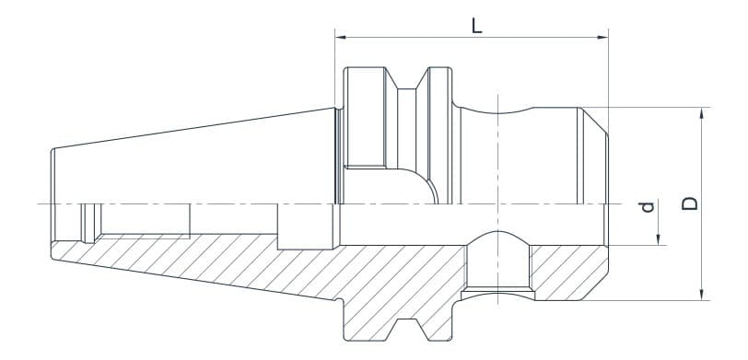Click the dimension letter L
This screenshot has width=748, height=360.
(x=476, y=25)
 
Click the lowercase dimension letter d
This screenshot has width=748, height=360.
(x=648, y=206)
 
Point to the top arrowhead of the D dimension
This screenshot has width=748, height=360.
(x=703, y=112)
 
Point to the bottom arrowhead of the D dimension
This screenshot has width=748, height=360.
(x=703, y=296)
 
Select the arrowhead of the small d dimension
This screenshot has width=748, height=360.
(x=660, y=240)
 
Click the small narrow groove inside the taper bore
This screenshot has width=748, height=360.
(x=88, y=221)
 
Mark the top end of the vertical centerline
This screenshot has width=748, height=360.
(x=498, y=94)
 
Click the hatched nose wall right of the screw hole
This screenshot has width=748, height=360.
(x=567, y=272)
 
